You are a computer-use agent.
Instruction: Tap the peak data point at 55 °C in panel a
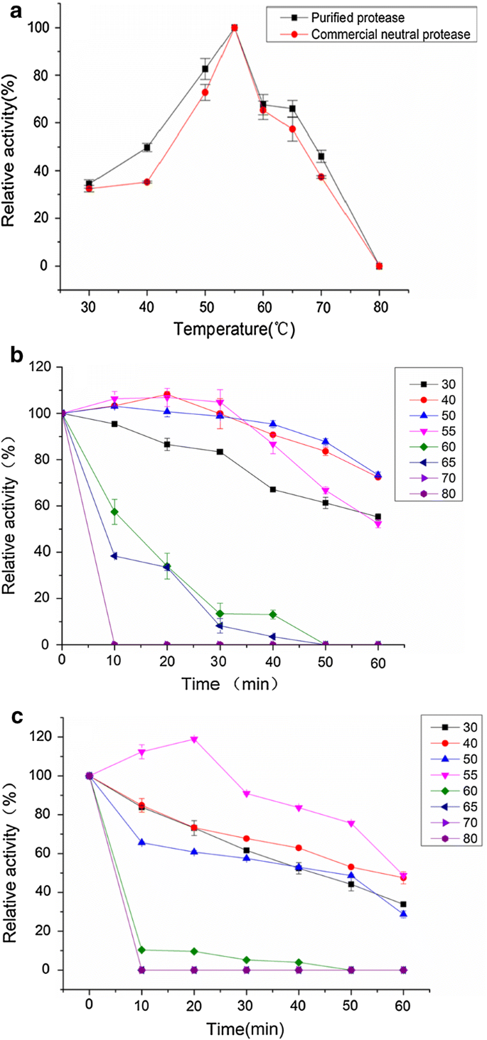[234, 28]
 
